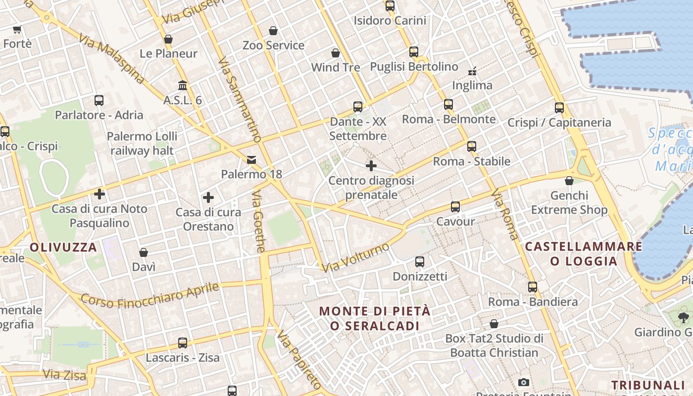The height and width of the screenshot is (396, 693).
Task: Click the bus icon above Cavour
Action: (x=455, y=207)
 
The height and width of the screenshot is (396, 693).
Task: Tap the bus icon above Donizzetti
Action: (x=420, y=261)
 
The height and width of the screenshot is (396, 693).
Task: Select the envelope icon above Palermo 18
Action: (x=251, y=159)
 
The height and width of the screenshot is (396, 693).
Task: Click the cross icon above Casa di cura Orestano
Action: (x=208, y=198)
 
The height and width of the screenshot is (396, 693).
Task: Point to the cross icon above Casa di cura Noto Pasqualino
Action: (x=99, y=194)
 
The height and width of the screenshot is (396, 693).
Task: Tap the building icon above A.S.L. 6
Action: (x=183, y=86)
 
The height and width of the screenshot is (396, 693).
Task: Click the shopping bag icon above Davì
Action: (x=144, y=252)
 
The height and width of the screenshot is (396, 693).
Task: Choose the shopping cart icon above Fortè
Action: (x=17, y=29)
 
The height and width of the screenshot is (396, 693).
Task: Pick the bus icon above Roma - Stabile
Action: (x=471, y=147)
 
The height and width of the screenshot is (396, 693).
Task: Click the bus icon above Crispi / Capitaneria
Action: (x=559, y=107)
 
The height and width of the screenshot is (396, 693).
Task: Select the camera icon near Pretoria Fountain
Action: (x=524, y=382)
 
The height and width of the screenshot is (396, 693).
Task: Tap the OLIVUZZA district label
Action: (x=63, y=247)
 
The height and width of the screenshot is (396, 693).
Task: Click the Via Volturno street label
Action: (x=355, y=257)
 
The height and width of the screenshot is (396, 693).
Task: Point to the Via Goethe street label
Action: (x=259, y=222)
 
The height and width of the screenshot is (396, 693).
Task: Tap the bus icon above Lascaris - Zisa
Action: (x=183, y=343)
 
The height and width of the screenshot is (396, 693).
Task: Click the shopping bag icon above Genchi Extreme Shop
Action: (x=569, y=181)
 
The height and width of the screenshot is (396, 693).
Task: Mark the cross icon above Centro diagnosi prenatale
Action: (x=371, y=166)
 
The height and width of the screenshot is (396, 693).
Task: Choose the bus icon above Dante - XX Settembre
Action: (x=358, y=107)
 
